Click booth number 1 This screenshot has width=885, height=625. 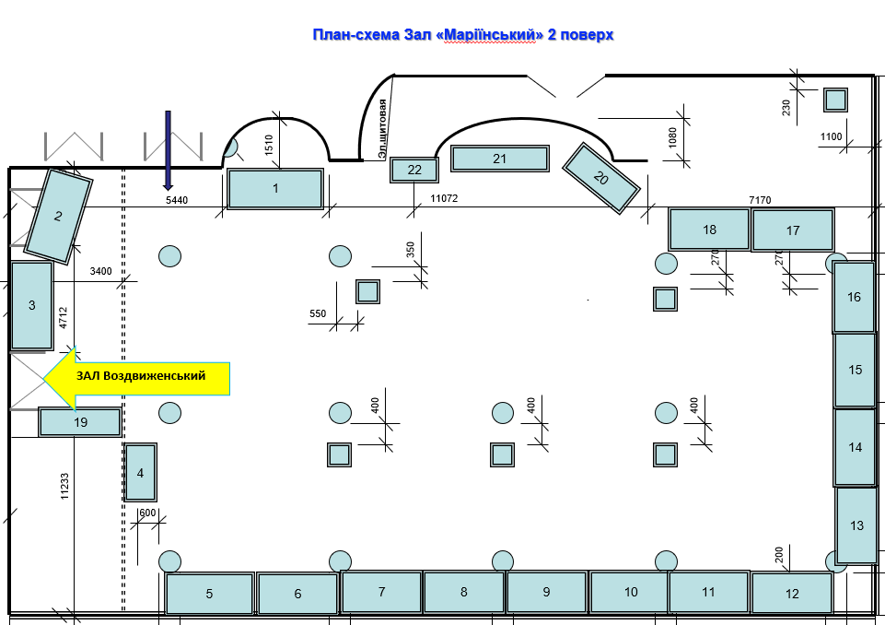pyautogui.click(x=275, y=189)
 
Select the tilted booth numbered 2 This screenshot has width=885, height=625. pyautogui.click(x=58, y=217)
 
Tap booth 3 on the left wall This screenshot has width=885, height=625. pyautogui.click(x=31, y=305)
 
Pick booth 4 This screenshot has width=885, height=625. pyautogui.click(x=140, y=473)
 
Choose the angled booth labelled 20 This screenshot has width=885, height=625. pyautogui.click(x=601, y=178)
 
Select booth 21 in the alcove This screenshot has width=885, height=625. pyautogui.click(x=499, y=159)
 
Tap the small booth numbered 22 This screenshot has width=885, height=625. pyautogui.click(x=414, y=170)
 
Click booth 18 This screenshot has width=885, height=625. pyautogui.click(x=709, y=230)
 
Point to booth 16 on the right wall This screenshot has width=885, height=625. pyautogui.click(x=854, y=297)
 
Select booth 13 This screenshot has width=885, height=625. pyautogui.click(x=856, y=525)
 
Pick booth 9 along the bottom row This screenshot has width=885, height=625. pyautogui.click(x=546, y=592)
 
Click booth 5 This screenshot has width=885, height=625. pyautogui.click(x=209, y=594)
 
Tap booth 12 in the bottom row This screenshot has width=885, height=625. pyautogui.click(x=792, y=593)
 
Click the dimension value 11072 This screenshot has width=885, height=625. pyautogui.click(x=443, y=198)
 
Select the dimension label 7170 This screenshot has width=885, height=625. pyautogui.click(x=760, y=199)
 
